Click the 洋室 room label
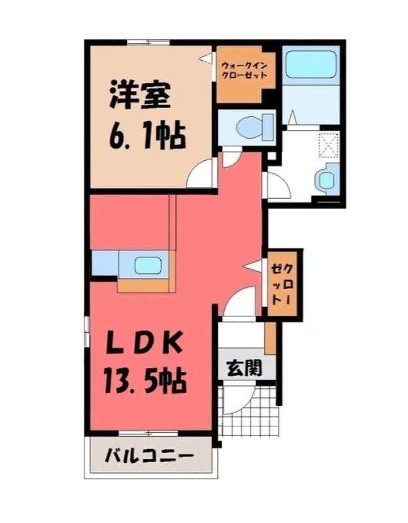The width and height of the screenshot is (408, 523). click(140, 95)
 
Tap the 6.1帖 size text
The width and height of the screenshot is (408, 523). click(146, 136)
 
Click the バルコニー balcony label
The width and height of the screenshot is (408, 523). click(149, 456)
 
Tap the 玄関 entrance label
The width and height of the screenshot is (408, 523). click(245, 368)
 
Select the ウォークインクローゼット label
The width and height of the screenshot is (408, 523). click(245, 70)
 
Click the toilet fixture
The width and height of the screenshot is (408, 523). click(254, 127)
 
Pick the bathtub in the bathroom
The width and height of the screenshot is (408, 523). click(311, 64)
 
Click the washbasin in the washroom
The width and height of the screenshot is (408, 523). click(326, 178)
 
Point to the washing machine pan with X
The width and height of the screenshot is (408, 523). click(329, 145)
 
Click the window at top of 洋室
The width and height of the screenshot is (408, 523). click(149, 42)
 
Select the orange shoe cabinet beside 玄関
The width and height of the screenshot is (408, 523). click(270, 338)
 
